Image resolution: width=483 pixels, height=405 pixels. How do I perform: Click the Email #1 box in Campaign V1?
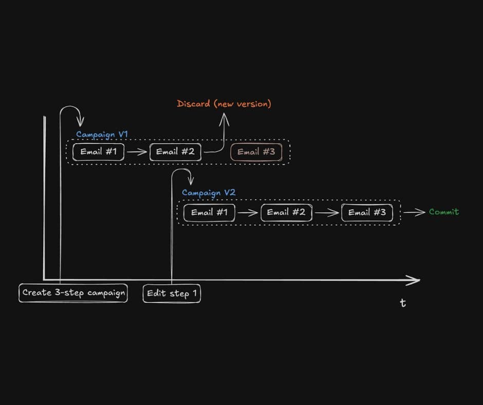click(98, 152)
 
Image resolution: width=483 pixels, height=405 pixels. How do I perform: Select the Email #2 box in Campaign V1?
click(175, 152)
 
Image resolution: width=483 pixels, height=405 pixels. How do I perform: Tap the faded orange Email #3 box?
click(256, 152)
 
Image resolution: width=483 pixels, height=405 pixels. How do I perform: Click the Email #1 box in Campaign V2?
click(209, 213)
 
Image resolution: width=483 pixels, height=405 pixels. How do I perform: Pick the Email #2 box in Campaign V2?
click(286, 213)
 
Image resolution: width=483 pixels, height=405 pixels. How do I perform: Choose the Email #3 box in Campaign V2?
click(366, 213)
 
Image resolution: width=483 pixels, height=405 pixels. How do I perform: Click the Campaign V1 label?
click(102, 135)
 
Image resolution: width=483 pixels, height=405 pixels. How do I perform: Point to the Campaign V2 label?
click(208, 193)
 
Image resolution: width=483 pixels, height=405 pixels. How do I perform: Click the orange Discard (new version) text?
click(224, 104)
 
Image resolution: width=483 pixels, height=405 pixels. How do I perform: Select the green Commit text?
click(443, 212)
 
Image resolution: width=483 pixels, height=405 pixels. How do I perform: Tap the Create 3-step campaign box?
click(73, 293)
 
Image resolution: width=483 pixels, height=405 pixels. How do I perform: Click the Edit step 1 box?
click(172, 293)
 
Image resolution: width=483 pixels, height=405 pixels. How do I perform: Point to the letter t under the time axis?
click(403, 303)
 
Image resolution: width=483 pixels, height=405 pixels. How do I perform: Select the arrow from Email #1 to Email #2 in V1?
click(137, 152)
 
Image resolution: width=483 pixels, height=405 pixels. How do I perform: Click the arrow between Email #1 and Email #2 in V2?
click(248, 213)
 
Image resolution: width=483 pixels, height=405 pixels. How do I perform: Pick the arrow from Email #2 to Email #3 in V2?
click(327, 213)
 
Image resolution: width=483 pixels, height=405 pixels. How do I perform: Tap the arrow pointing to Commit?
click(414, 212)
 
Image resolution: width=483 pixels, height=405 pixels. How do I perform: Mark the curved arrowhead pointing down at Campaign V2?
click(191, 181)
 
